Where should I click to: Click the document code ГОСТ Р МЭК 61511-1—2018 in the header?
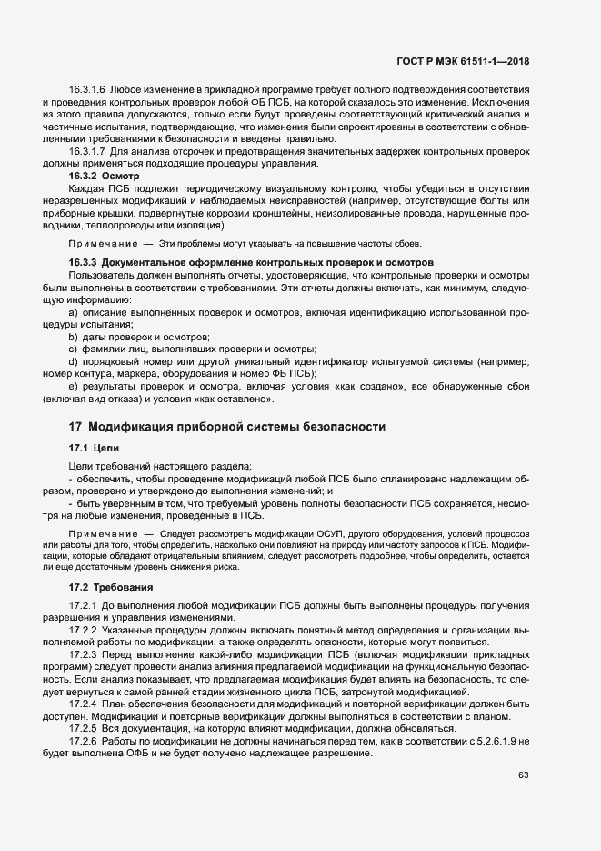coord(463,62)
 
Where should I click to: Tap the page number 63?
coord(523,775)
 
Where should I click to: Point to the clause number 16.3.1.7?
coord(86,150)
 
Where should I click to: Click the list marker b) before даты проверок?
coord(74,337)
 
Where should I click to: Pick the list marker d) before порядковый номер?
coord(74,361)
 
